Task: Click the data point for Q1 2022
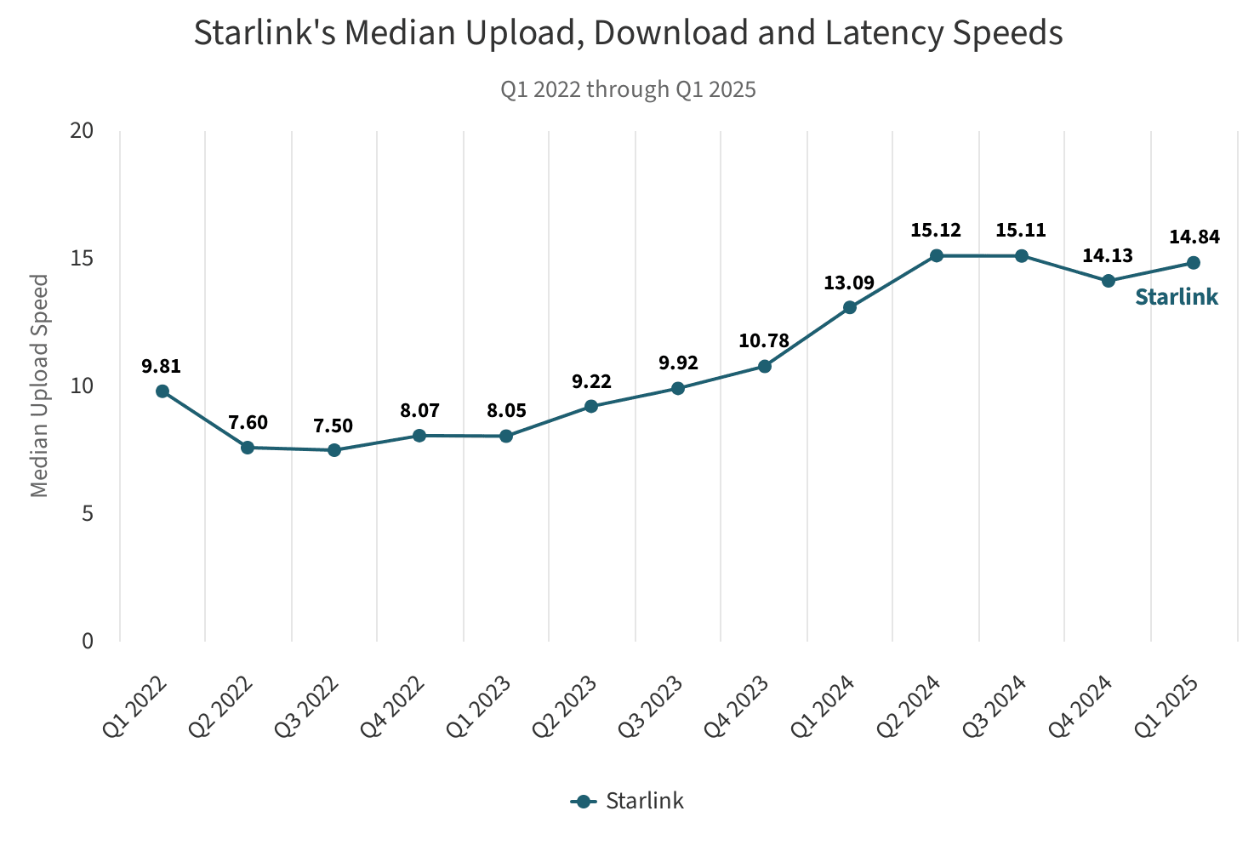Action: click(x=162, y=391)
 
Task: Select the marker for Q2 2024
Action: click(x=936, y=255)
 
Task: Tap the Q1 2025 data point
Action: click(x=1193, y=263)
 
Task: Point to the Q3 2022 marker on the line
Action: click(x=334, y=450)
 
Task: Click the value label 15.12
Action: click(x=936, y=230)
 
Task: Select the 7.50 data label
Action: click(x=333, y=425)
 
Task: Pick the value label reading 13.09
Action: click(x=849, y=283)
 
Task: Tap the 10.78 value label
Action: click(x=764, y=341)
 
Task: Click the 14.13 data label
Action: click(x=1108, y=255)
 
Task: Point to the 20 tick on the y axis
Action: click(x=83, y=130)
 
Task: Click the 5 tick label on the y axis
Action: click(x=88, y=513)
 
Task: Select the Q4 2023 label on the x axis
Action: click(x=738, y=706)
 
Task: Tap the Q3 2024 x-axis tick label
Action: click(x=995, y=706)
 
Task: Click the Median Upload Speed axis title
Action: click(x=39, y=386)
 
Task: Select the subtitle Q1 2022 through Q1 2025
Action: click(x=628, y=89)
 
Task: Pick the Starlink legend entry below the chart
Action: click(x=628, y=802)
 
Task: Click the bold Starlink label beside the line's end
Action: click(x=1177, y=297)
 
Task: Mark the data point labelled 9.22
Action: click(x=591, y=407)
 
